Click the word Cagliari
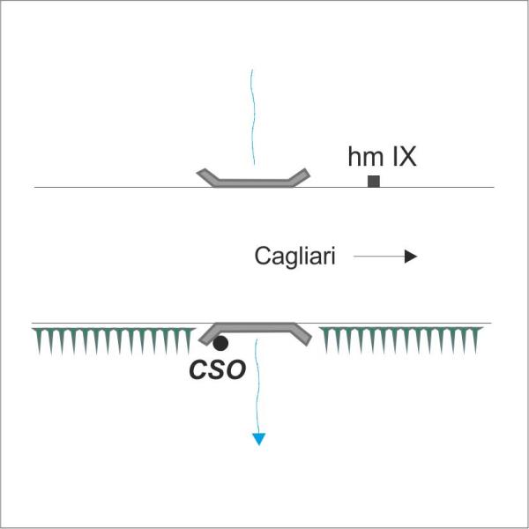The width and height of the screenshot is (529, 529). [294, 257]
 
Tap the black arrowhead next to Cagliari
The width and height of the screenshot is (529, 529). [411, 257]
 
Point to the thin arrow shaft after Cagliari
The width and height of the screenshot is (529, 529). [379, 257]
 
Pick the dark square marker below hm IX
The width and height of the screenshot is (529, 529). [374, 181]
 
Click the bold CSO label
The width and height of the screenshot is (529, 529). [217, 370]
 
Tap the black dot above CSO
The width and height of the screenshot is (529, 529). [220, 344]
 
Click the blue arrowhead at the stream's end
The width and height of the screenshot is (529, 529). [258, 439]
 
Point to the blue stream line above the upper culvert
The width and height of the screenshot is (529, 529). [253, 117]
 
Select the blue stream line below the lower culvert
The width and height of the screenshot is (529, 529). [257, 386]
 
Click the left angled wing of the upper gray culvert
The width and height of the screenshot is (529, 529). [208, 177]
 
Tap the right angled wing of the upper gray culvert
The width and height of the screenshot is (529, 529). [299, 177]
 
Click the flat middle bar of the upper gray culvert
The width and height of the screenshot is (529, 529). [253, 183]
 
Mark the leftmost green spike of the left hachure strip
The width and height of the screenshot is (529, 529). [39, 340]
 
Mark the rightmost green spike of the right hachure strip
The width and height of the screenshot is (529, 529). [476, 340]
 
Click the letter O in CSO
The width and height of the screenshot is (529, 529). [235, 370]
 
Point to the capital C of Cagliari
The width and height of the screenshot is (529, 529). [262, 256]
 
